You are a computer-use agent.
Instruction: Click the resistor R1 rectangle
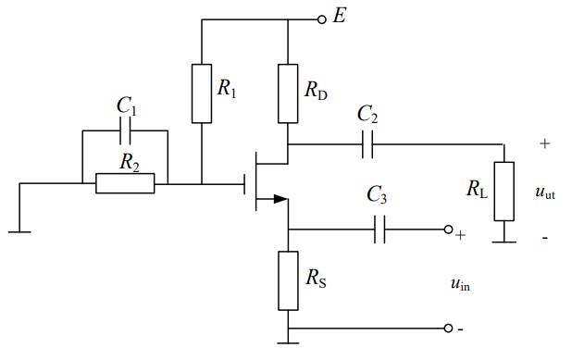tap(202, 93)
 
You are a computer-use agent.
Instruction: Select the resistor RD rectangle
tap(289, 93)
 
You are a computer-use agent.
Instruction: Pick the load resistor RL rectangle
tap(504, 192)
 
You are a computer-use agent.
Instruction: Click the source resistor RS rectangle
tap(289, 279)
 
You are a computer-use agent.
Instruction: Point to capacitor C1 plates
tap(125, 131)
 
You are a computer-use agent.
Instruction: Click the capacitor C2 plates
tap(367, 144)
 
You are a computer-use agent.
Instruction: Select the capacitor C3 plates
tap(379, 230)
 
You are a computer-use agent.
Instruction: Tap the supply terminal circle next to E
tap(321, 19)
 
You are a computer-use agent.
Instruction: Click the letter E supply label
tap(339, 17)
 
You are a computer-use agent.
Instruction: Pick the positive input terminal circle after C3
tap(448, 230)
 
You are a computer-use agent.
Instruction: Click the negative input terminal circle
tap(448, 329)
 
